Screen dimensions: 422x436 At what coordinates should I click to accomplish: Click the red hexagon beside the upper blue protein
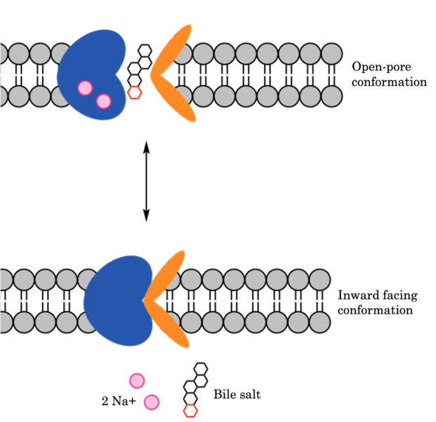click(135, 92)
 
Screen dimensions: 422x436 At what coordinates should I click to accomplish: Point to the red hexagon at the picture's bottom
click(190, 411)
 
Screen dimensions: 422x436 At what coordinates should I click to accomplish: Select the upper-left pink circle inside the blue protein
click(85, 88)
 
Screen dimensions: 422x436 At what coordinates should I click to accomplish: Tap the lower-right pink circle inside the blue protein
click(104, 101)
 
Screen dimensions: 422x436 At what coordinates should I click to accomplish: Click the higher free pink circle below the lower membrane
click(137, 381)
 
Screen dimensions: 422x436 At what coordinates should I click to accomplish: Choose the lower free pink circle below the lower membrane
click(151, 402)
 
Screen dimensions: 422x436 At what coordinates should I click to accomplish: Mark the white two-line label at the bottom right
click(230, 388)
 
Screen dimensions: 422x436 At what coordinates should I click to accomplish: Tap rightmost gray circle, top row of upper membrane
click(331, 53)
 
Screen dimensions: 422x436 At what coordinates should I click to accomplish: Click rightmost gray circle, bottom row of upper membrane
click(331, 96)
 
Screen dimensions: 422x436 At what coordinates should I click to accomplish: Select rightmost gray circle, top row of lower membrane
click(319, 279)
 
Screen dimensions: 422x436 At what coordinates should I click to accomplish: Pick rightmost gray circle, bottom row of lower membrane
click(319, 322)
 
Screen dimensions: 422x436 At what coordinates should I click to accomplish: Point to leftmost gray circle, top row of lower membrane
click(4, 279)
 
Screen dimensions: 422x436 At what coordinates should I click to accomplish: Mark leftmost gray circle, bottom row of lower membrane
click(4, 322)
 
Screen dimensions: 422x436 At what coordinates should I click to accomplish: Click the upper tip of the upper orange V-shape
click(188, 29)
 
